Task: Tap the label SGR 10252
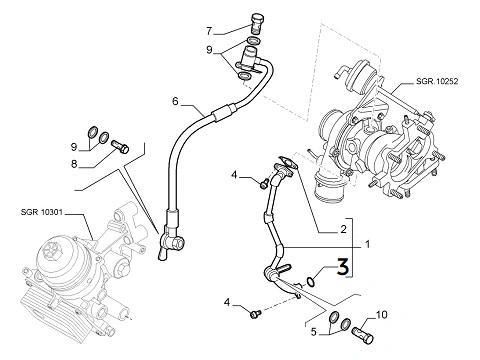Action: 437,81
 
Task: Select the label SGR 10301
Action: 42,212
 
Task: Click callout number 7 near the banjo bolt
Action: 209,31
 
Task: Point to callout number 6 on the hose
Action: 175,101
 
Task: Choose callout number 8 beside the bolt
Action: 74,164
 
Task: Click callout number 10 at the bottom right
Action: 382,314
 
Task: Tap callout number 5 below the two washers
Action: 313,332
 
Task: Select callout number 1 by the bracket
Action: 367,244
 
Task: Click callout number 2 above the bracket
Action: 343,229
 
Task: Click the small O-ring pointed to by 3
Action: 310,281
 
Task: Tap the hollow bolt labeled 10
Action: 363,335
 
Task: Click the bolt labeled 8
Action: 119,147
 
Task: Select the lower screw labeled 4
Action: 256,313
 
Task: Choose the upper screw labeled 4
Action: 264,182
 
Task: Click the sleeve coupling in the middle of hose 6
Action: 221,112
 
